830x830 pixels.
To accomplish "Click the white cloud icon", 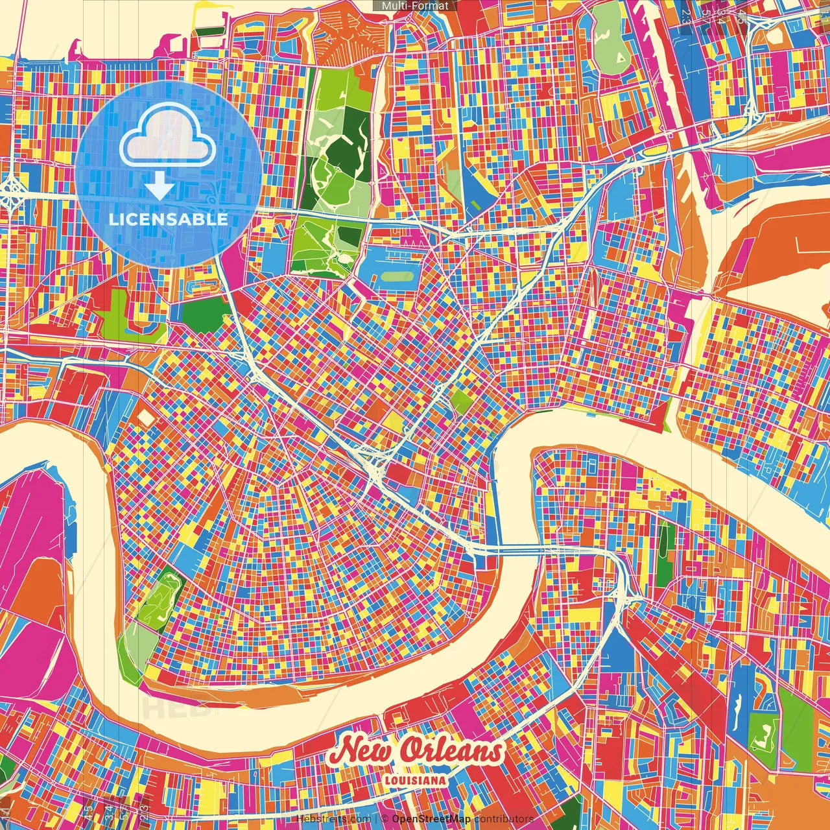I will click(x=167, y=137).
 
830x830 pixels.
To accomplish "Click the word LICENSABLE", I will click(x=168, y=219).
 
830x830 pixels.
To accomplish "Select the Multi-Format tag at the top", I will click(x=415, y=6).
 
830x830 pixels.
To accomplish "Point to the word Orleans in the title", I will click(x=451, y=752).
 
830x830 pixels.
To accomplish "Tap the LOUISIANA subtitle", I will click(x=415, y=781).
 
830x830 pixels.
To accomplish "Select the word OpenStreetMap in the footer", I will click(x=431, y=819).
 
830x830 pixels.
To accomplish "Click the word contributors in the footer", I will click(x=503, y=819).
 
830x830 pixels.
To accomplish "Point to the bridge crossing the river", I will click(x=519, y=551).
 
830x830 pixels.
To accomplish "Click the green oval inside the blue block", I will click(x=397, y=277).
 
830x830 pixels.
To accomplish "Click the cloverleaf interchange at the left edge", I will click(x=12, y=193).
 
